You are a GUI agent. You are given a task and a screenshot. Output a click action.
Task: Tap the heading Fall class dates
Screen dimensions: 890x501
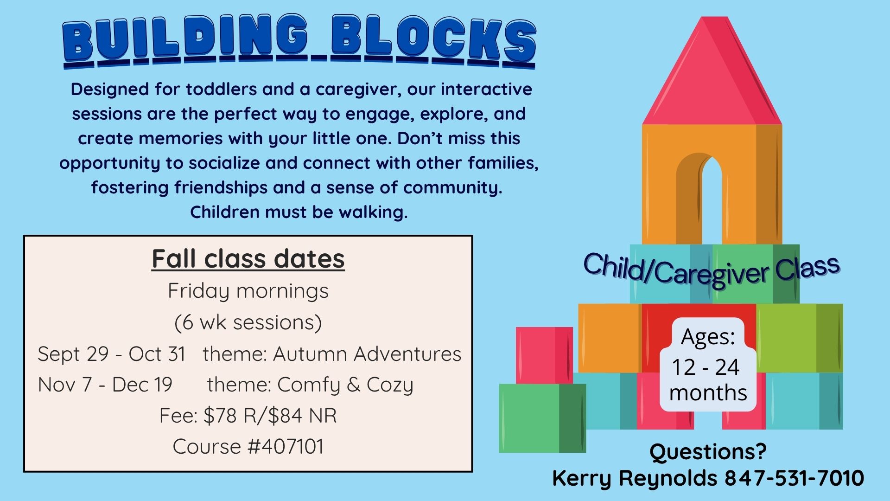(248, 259)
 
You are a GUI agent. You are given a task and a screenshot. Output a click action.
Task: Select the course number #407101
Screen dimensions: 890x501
(286, 447)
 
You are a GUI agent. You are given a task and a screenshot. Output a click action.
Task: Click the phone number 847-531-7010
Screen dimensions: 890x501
(794, 478)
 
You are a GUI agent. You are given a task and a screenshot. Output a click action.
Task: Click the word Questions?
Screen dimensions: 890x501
(708, 451)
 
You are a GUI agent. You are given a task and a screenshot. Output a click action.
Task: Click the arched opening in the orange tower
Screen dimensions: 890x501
(712, 199)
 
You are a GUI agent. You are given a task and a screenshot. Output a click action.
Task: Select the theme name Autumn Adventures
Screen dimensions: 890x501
(367, 354)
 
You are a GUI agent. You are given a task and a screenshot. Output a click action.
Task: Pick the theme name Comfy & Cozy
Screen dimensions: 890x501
(345, 385)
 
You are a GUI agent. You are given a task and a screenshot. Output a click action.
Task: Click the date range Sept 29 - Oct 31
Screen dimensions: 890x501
(112, 354)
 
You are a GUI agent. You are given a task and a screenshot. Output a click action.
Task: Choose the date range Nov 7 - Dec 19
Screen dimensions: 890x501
(105, 385)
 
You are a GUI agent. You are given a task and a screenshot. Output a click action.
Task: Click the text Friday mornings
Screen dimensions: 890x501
(248, 291)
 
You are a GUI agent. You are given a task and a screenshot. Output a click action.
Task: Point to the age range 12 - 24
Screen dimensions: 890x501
(706, 367)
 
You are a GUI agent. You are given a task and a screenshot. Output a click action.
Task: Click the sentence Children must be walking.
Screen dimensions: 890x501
(299, 212)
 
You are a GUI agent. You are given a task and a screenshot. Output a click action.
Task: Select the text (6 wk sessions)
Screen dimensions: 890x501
(248, 322)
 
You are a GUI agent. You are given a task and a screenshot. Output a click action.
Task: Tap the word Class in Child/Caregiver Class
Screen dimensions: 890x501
(807, 268)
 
